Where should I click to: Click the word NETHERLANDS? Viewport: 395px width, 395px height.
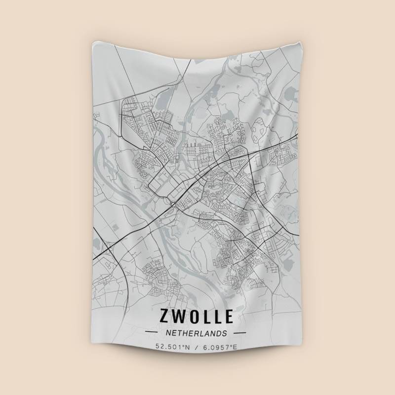(x=197, y=333)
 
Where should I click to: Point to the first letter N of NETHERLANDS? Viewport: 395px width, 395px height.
(x=169, y=333)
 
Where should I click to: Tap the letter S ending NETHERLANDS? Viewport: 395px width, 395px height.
(x=225, y=333)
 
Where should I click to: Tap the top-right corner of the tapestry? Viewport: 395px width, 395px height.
(x=298, y=39)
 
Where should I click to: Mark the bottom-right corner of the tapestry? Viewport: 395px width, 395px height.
(x=297, y=356)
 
